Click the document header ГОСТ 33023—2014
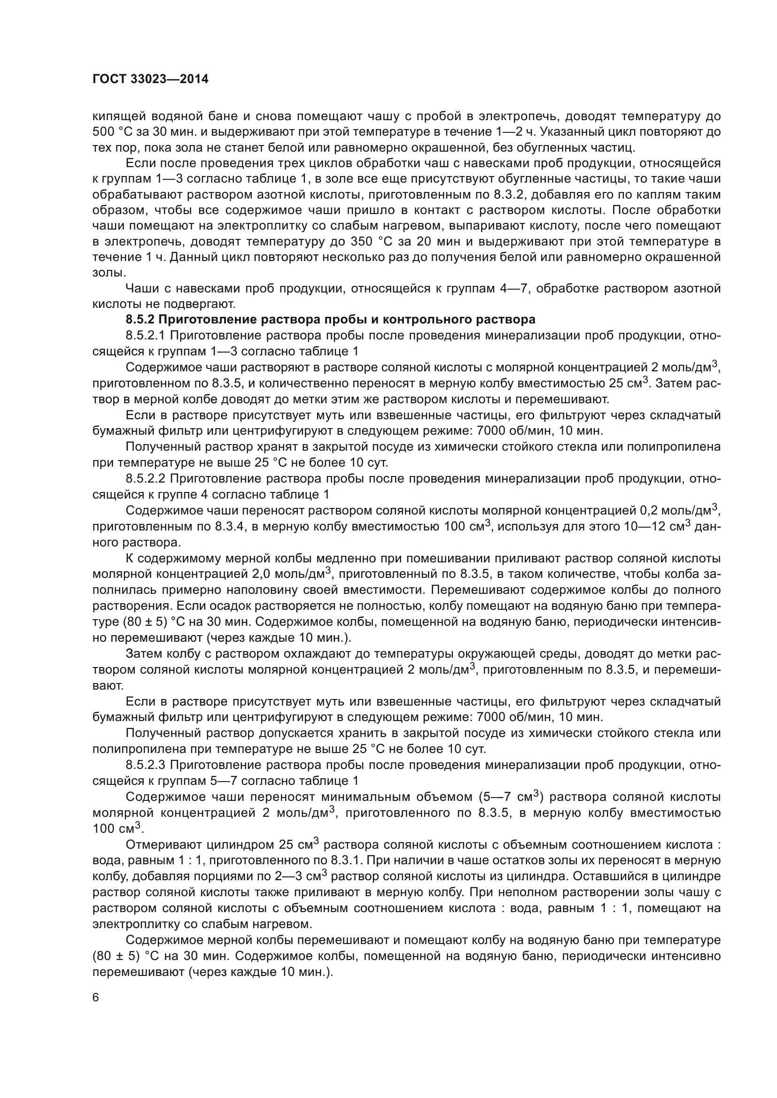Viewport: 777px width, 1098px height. [x=150, y=79]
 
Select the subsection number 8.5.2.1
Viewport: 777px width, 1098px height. [x=146, y=335]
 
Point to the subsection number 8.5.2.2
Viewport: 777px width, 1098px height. [x=146, y=479]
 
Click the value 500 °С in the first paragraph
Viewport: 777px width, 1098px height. [x=111, y=132]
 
